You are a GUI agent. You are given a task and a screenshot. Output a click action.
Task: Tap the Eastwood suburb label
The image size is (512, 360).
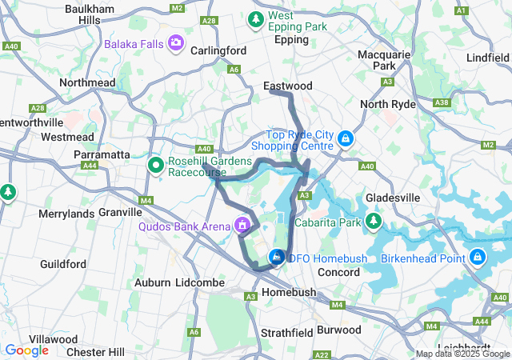tap(287, 86)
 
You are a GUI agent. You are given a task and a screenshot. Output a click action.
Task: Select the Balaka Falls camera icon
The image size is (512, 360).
tap(175, 42)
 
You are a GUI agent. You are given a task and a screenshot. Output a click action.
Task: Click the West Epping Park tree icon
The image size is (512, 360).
tap(256, 18)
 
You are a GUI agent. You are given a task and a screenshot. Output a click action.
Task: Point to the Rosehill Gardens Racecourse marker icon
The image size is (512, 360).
tap(157, 166)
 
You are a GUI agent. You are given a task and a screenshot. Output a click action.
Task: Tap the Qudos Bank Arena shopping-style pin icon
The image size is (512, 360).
tap(241, 226)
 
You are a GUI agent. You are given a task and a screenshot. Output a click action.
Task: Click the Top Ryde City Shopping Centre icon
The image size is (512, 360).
tap(345, 139)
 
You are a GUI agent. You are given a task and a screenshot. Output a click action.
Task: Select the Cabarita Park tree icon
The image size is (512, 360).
tap(374, 222)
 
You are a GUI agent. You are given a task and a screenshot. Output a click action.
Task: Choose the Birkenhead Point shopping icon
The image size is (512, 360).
tap(478, 257)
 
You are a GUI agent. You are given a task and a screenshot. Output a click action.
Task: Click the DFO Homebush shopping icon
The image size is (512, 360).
tap(276, 257)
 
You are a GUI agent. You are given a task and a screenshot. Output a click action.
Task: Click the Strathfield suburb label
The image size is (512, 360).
tap(286, 331)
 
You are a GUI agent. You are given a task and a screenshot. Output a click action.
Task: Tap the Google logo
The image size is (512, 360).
tap(26, 350)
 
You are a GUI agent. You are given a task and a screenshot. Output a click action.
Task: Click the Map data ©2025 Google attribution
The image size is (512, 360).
tap(463, 354)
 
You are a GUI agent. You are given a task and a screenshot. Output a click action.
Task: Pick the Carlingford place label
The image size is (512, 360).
tap(218, 50)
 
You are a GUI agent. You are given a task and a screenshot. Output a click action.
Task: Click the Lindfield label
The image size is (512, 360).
tap(488, 58)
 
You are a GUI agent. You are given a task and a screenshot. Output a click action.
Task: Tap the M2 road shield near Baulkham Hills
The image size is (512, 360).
tap(177, 8)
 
